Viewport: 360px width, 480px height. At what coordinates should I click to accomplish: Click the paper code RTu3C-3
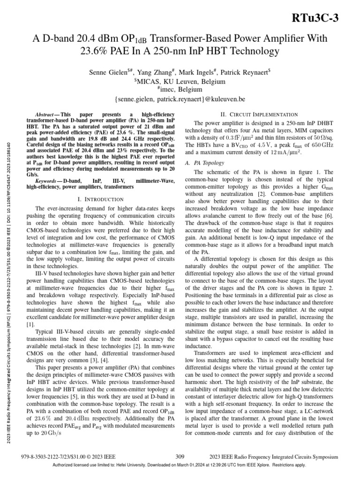pos(324,17)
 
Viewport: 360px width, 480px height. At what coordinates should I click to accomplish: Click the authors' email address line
pos(180,99)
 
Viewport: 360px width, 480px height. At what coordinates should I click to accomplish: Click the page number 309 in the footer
pos(180,456)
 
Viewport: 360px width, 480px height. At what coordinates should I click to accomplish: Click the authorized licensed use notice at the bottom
pos(180,465)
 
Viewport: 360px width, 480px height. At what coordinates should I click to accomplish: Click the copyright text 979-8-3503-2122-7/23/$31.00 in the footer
pos(69,456)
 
